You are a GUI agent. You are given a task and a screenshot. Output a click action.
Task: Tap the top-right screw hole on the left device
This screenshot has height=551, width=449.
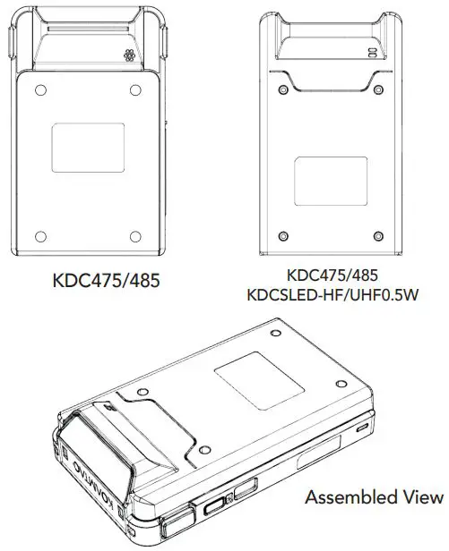click(135, 90)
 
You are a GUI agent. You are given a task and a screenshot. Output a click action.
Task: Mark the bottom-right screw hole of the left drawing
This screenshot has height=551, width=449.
click(135, 235)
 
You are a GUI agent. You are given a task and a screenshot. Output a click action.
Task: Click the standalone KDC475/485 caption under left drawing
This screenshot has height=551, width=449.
click(106, 281)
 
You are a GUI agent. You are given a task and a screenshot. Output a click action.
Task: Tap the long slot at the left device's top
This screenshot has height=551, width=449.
click(88, 29)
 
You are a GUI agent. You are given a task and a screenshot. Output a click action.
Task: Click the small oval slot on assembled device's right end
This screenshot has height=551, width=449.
click(362, 428)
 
